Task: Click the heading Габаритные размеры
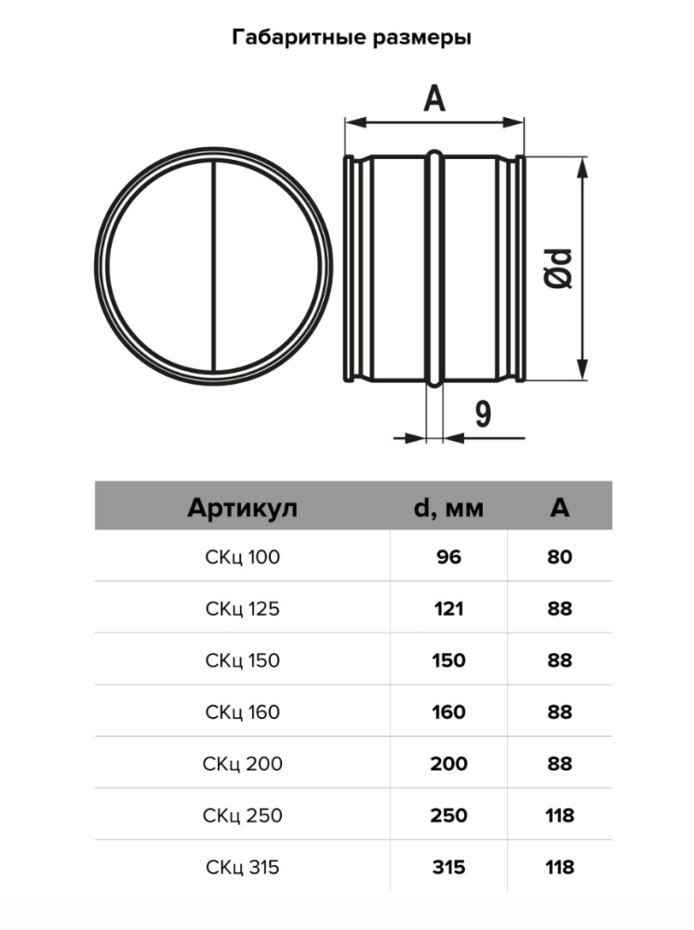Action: tap(346, 38)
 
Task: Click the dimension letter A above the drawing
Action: tap(434, 97)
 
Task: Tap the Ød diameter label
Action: tap(559, 270)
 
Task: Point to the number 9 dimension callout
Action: tap(483, 414)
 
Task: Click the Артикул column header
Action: tap(242, 508)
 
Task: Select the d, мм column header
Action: tap(447, 508)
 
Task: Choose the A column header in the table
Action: tap(559, 508)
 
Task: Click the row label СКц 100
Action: tap(242, 558)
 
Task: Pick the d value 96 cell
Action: tap(447, 558)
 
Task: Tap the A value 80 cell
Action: tap(560, 558)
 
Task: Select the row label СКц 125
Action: tap(242, 610)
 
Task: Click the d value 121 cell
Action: tap(447, 610)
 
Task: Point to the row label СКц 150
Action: tap(242, 661)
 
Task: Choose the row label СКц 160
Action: tap(242, 712)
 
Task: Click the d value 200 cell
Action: tap(447, 764)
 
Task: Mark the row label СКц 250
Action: tap(242, 816)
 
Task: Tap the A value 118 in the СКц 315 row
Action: tap(560, 868)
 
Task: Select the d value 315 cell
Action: tap(447, 868)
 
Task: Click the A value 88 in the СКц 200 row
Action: tap(560, 764)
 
